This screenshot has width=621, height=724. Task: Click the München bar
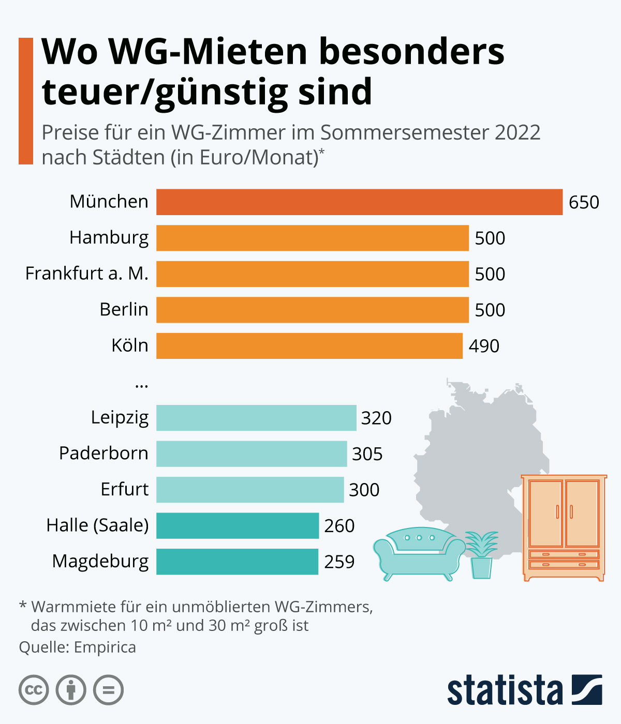click(x=359, y=202)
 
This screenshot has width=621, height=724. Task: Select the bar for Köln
click(x=309, y=345)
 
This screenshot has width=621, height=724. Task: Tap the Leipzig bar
click(x=256, y=417)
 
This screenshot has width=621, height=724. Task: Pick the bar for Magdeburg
click(x=237, y=562)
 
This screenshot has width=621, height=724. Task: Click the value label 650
click(x=584, y=202)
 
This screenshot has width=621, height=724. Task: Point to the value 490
click(x=484, y=346)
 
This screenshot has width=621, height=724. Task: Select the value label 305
click(x=367, y=454)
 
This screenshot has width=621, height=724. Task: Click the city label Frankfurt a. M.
click(x=87, y=273)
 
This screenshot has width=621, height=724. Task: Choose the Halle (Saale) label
click(x=97, y=525)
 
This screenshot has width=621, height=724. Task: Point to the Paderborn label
click(x=103, y=453)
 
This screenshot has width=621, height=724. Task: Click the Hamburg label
click(x=109, y=237)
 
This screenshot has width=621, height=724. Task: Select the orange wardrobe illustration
click(x=564, y=527)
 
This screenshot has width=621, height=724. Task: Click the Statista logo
click(x=524, y=690)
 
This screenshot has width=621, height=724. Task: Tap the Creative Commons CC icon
click(x=34, y=690)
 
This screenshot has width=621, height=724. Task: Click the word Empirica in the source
click(x=105, y=647)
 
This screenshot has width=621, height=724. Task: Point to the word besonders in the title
click(x=411, y=52)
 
